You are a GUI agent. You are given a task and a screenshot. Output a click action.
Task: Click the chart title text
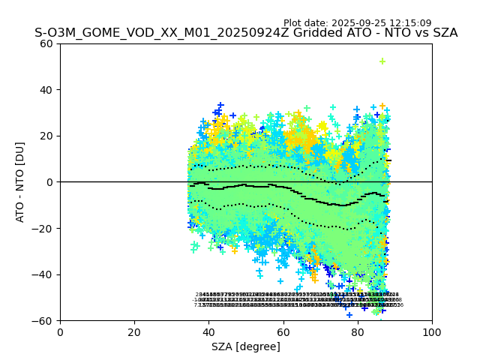246,33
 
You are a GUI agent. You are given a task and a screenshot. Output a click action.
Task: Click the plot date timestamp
357,23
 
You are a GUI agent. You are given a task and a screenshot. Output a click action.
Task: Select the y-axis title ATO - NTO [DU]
21,181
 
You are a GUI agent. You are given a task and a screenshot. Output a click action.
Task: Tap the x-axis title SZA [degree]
246,346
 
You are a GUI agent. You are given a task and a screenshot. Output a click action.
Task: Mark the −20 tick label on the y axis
45,228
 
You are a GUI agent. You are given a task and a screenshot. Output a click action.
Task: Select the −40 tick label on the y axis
45,274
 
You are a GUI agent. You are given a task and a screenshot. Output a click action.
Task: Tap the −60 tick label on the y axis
45,320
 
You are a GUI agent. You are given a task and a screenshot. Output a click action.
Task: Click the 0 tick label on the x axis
60,331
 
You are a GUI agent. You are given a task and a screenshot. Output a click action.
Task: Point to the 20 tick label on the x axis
134,331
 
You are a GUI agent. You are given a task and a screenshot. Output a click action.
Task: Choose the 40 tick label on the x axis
208,331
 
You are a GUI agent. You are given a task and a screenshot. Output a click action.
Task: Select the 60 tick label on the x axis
283,331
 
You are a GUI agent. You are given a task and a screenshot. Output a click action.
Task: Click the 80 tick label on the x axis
357,331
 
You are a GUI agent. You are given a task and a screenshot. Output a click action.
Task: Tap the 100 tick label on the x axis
431,331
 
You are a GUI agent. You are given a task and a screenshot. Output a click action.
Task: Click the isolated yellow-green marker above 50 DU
382,61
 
